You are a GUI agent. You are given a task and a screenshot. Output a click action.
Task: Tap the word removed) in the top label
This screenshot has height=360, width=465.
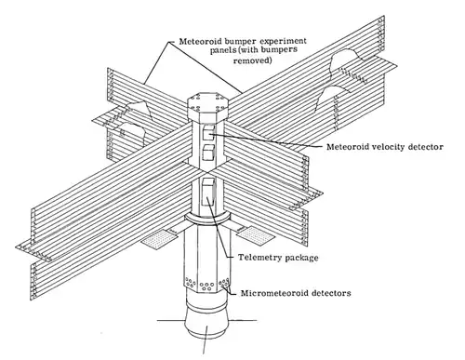click(253, 60)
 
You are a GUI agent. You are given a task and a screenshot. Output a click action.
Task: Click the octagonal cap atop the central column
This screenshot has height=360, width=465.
click(207, 104)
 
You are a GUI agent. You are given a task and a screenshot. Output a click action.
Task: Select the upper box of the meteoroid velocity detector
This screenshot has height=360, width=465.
click(208, 133)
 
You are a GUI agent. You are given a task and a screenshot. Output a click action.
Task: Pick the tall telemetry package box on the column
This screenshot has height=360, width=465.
click(208, 193)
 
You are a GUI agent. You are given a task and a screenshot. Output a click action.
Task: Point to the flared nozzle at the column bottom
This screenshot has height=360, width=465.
click(207, 324)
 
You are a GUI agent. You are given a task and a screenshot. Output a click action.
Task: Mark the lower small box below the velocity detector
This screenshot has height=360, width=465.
click(208, 153)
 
